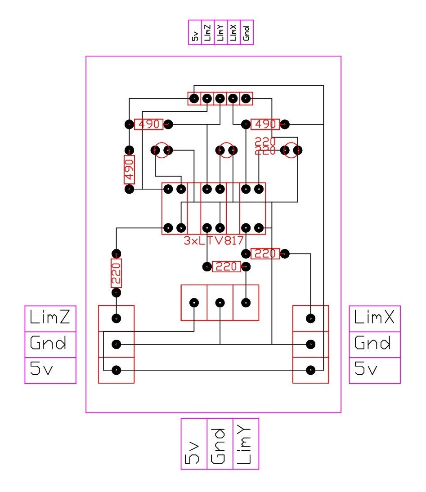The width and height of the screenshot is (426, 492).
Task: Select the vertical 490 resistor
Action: tap(130, 170)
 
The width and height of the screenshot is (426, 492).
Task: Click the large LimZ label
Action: tap(50, 319)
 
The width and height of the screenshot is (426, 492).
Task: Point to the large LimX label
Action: tap(375, 319)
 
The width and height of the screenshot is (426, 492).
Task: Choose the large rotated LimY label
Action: tap(246, 444)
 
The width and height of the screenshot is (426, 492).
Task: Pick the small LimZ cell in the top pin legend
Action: tap(208, 32)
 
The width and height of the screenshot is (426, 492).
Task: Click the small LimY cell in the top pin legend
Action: tap(221, 32)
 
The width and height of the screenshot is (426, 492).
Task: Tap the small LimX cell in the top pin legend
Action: tap(234, 32)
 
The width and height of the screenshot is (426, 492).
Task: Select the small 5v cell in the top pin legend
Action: tap(195, 32)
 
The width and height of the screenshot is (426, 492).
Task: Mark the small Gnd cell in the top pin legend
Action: tap(247, 32)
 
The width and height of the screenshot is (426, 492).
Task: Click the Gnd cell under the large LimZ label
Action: tap(50, 344)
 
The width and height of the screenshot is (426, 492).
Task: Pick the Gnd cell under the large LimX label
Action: tap(375, 344)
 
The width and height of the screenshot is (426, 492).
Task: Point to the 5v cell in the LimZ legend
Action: tap(50, 370)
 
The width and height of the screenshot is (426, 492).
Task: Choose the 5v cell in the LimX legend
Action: tap(375, 370)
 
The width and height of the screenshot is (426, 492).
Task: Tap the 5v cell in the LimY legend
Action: tap(194, 444)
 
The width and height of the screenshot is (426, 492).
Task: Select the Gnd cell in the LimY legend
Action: tap(220, 444)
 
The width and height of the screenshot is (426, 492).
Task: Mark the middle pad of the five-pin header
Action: tap(220, 98)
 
